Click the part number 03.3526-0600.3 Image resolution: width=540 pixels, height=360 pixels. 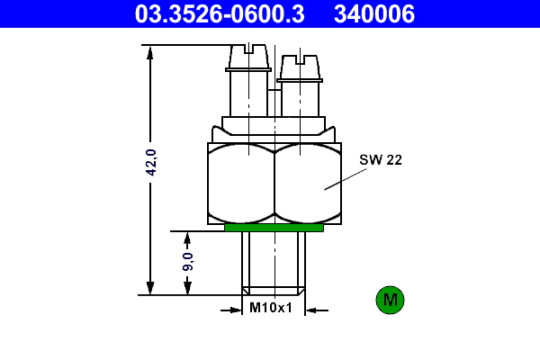219,13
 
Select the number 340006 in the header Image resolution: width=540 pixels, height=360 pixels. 374,13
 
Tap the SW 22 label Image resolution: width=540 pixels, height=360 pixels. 381,160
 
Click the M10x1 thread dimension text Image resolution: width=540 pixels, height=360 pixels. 271,308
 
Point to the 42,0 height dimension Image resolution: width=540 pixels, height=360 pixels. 151,163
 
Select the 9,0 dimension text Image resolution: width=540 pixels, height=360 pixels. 187,262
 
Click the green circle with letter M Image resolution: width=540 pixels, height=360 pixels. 391,300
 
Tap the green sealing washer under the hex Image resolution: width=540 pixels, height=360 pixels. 274,228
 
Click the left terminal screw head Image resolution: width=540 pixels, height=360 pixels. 248,58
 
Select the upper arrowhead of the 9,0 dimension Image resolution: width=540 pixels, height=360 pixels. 187,238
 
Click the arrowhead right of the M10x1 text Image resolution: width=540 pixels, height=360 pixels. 311,310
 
